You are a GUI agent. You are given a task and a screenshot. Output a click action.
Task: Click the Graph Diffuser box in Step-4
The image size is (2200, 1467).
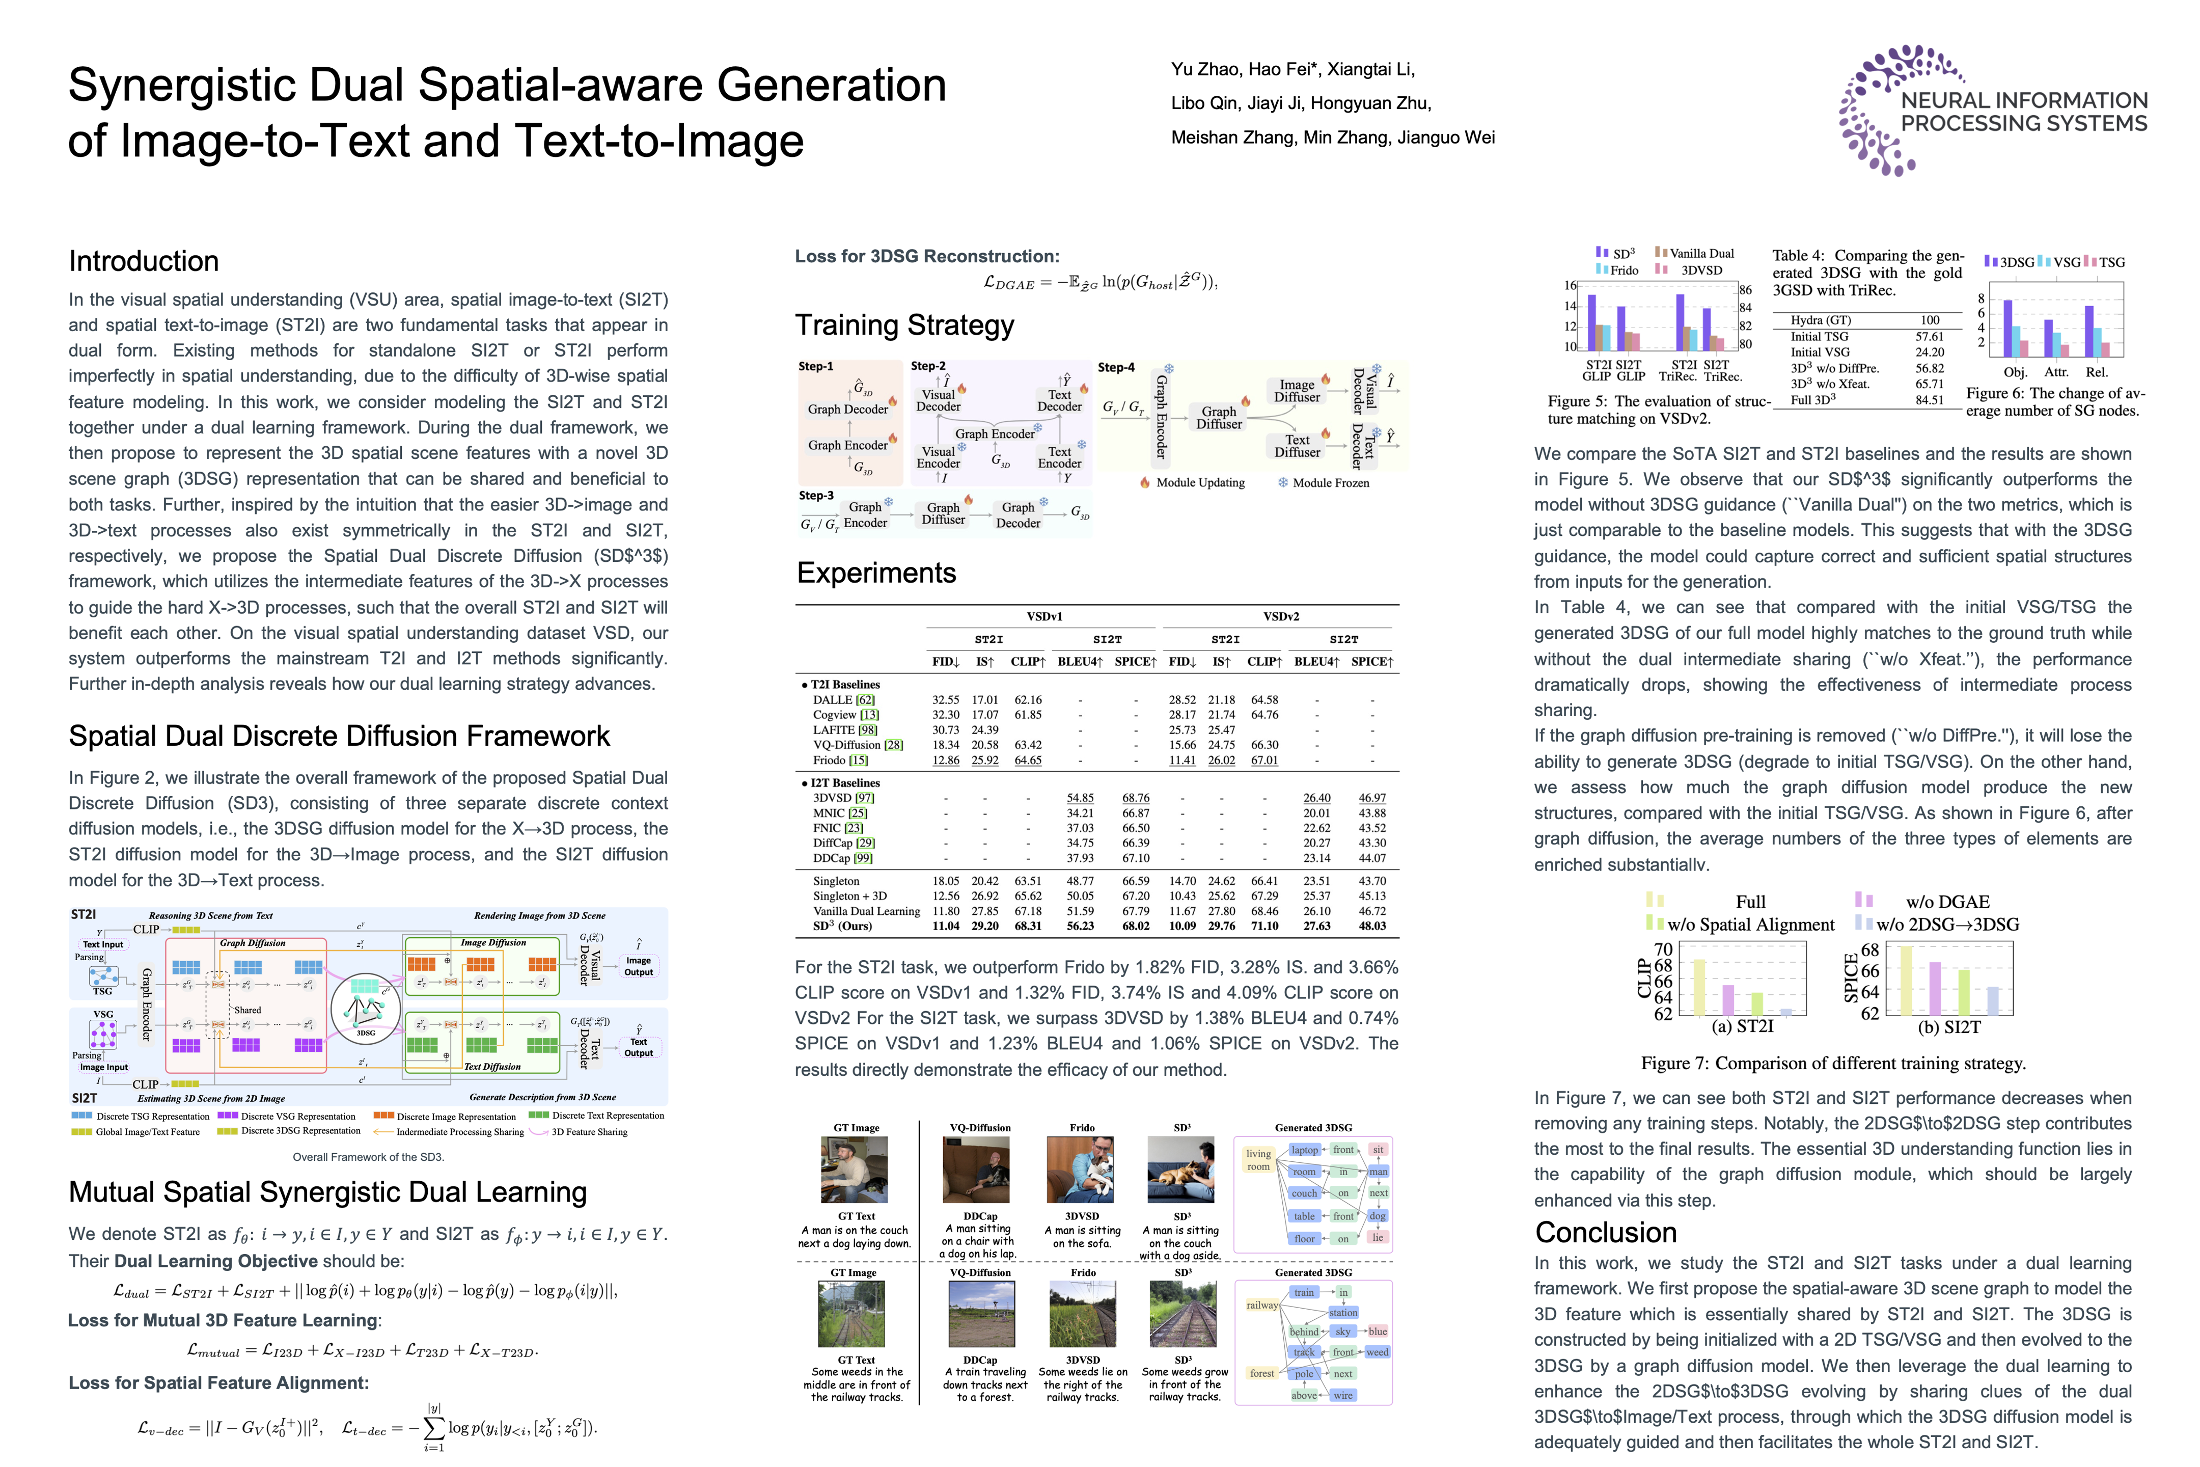[x=1219, y=417]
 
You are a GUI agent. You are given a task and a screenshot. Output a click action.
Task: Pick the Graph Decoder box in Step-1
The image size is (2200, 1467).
[x=847, y=409]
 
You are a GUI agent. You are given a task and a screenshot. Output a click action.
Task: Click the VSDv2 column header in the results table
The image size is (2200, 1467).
[x=1280, y=616]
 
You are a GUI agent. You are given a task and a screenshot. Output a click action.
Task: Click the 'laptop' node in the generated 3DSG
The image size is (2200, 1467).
[x=1304, y=1150]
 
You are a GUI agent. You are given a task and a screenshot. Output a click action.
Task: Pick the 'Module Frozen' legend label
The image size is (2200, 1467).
[x=1330, y=483]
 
